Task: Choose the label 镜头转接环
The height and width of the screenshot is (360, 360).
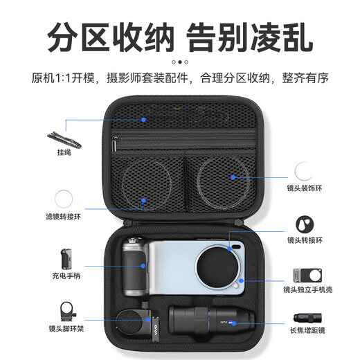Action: click(305, 240)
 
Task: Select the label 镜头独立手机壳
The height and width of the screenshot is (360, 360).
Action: click(307, 289)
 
